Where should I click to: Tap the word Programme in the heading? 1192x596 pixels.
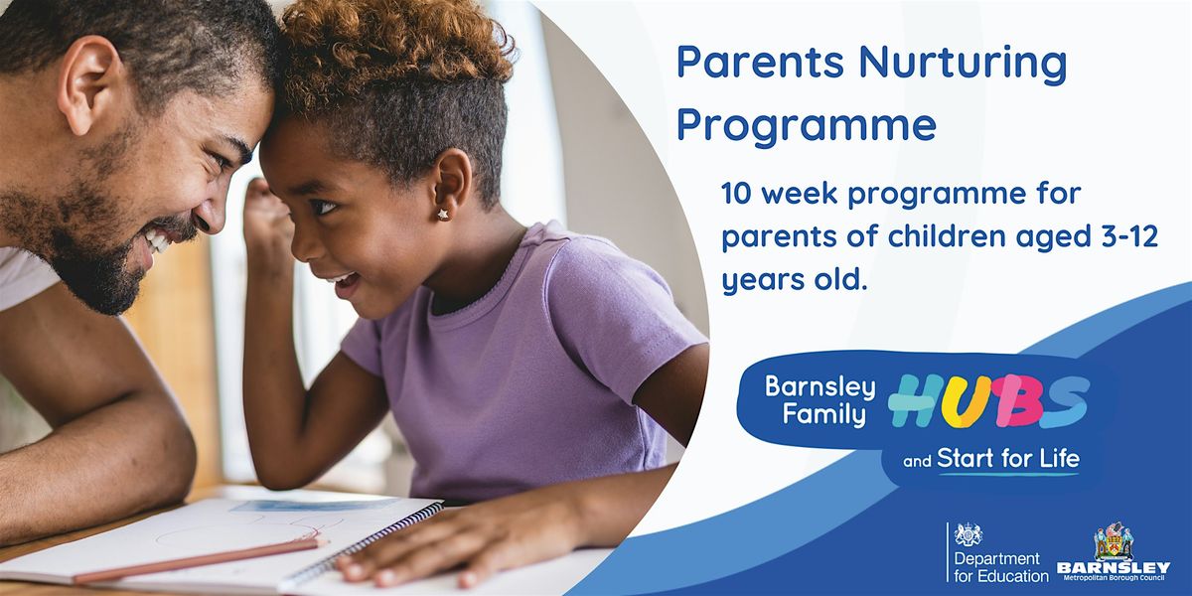pyautogui.click(x=807, y=127)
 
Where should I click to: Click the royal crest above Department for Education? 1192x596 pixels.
pyautogui.click(x=968, y=534)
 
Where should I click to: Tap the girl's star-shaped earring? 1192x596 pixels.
pyautogui.click(x=441, y=213)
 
